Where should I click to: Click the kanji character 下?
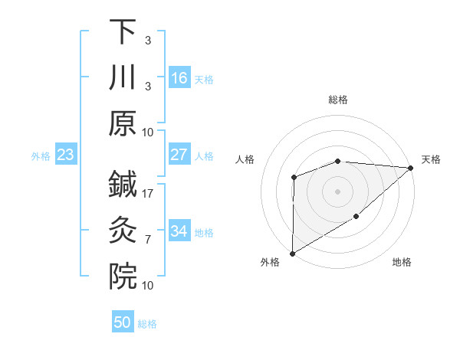(123, 32)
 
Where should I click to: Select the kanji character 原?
(123, 123)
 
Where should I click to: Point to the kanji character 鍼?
(123, 184)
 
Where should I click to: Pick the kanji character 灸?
(123, 229)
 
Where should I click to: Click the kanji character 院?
(123, 274)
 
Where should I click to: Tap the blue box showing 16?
(179, 78)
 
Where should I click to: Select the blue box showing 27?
(179, 155)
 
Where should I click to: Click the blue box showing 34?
(179, 231)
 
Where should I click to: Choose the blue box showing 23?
(66, 155)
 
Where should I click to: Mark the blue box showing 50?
(123, 322)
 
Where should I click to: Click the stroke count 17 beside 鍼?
(147, 194)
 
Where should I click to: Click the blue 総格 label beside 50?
(147, 324)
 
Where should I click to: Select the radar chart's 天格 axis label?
(432, 159)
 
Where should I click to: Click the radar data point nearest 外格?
(292, 253)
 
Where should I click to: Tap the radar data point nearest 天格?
(412, 168)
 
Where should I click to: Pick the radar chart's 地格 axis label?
(402, 263)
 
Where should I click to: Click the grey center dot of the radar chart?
(338, 191)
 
